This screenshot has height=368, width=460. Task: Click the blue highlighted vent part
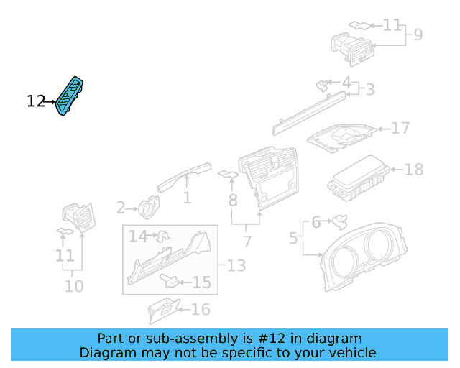click(x=72, y=96)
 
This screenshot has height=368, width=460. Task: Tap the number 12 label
click(x=35, y=102)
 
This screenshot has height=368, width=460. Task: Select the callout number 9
click(x=417, y=34)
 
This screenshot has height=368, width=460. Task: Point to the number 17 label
click(x=400, y=129)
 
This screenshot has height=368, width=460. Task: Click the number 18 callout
click(x=413, y=170)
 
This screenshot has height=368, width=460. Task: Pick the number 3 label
click(x=369, y=90)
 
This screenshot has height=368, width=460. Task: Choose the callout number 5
click(x=293, y=236)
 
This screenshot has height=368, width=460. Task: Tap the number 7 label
click(x=247, y=241)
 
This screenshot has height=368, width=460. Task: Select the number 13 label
click(x=236, y=266)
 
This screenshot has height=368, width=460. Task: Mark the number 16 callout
click(x=201, y=309)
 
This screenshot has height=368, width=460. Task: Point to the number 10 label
click(x=73, y=286)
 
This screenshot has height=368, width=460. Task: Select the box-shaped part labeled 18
click(x=359, y=179)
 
